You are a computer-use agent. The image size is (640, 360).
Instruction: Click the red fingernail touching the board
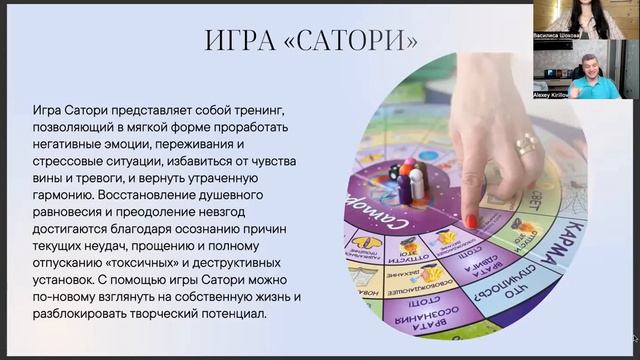pos(470,219)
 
